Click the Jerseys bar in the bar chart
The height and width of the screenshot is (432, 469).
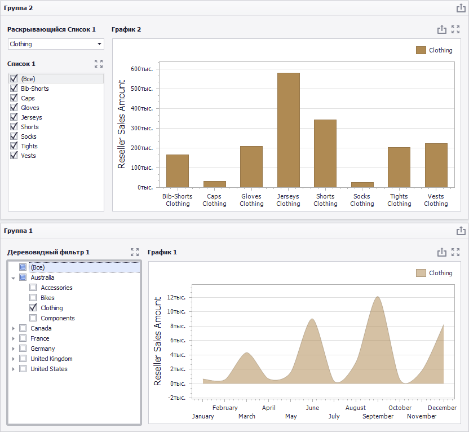click(289, 130)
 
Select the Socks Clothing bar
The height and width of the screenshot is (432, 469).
click(362, 185)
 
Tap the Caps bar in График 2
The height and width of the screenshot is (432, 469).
click(214, 184)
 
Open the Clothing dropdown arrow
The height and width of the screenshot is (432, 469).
click(100, 44)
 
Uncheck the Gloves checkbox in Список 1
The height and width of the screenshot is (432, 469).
click(14, 107)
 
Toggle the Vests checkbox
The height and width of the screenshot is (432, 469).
click(14, 155)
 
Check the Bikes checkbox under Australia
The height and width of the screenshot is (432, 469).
click(33, 298)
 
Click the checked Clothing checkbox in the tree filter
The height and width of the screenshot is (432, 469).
click(33, 308)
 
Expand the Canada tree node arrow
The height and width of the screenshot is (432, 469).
click(13, 328)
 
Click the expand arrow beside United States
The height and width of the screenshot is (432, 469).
click(13, 369)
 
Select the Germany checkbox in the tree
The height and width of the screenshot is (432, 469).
click(23, 349)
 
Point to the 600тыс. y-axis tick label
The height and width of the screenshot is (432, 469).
click(142, 69)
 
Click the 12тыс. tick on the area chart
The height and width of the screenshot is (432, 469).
click(176, 297)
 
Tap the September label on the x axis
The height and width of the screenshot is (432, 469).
click(378, 416)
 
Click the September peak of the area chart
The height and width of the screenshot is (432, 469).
click(378, 297)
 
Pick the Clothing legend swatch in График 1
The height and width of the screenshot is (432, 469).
click(421, 273)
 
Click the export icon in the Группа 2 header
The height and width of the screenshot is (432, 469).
click(461, 8)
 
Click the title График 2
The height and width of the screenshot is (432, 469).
click(126, 29)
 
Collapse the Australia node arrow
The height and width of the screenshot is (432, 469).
click(13, 278)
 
